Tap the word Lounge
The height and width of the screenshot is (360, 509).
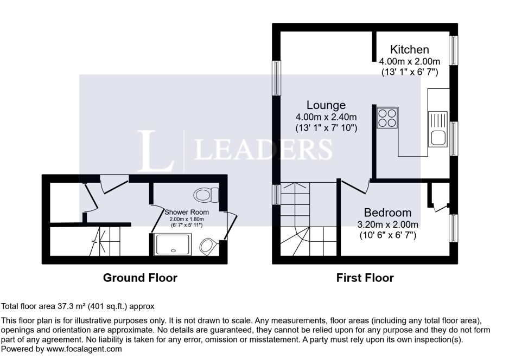click(x=326, y=105)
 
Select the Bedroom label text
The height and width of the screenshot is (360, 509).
click(x=387, y=213)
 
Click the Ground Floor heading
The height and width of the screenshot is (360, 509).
click(x=141, y=278)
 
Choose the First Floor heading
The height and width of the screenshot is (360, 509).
click(x=365, y=278)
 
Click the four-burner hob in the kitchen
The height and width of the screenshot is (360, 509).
click(x=386, y=118)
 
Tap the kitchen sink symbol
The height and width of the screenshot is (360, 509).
click(x=437, y=129)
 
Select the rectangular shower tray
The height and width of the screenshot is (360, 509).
click(x=174, y=245)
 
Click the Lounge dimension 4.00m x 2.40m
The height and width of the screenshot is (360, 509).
click(x=326, y=117)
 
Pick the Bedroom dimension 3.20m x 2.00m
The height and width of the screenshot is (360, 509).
click(x=387, y=224)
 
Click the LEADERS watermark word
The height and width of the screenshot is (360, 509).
click(x=263, y=148)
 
